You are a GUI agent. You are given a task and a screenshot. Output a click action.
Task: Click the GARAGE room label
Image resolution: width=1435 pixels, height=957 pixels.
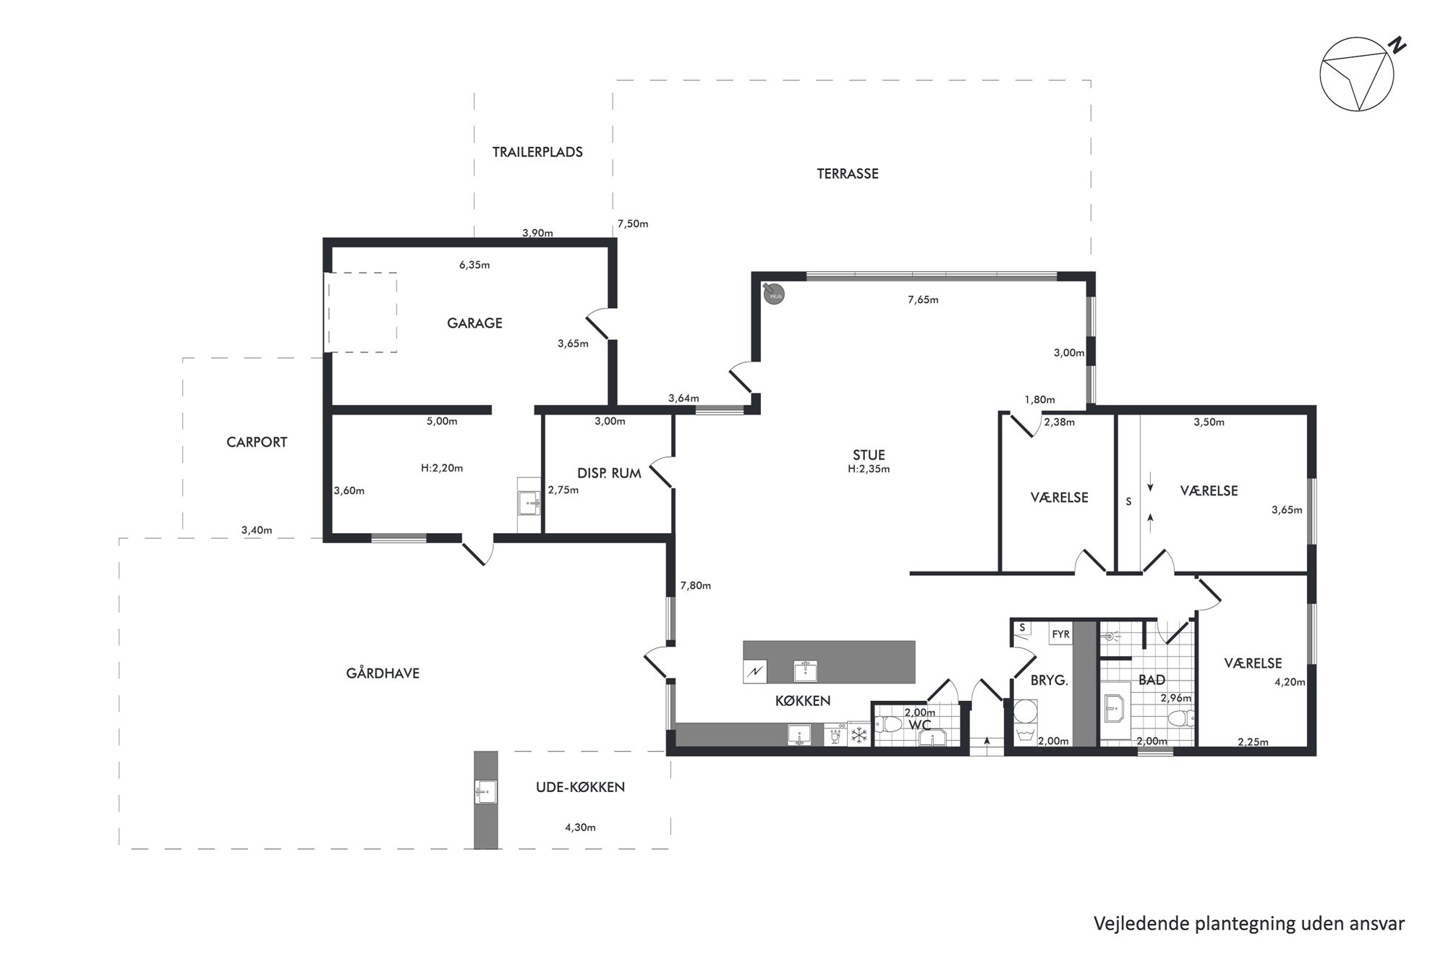[x=474, y=323]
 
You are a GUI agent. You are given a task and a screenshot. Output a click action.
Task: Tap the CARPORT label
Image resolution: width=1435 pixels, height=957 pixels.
[x=257, y=442]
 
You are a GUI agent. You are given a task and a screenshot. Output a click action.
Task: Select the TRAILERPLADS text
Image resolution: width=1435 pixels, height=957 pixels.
[x=537, y=152]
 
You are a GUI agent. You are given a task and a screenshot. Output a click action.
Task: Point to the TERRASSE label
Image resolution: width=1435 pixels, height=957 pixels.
[x=848, y=174]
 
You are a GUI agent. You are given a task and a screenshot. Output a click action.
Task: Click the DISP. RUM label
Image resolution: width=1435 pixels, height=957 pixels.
[x=609, y=474]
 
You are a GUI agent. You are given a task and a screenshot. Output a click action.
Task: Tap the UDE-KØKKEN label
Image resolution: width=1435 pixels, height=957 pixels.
[x=580, y=787]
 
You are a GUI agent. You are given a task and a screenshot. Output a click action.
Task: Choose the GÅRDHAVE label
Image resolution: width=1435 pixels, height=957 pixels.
[x=383, y=673]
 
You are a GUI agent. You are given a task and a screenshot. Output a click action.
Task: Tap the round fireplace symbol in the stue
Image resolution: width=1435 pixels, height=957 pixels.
[x=775, y=294]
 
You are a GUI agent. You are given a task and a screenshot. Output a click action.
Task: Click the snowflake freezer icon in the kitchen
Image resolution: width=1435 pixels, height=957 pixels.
[x=859, y=736]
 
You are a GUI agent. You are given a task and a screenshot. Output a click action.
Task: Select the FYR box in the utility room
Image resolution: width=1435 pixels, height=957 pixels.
[x=1060, y=634]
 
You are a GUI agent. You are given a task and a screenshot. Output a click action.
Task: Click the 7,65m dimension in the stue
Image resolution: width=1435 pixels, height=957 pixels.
[x=923, y=299]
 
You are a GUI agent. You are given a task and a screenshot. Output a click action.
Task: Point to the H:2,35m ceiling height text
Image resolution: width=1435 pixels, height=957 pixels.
[x=869, y=469]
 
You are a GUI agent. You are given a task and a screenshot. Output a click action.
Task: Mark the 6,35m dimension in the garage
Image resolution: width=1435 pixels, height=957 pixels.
[x=474, y=265]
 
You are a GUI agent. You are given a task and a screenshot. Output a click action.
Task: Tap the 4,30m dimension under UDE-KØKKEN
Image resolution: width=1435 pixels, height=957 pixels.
[x=580, y=828]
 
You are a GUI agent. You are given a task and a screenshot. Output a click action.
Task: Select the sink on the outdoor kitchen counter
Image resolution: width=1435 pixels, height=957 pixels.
[x=486, y=792]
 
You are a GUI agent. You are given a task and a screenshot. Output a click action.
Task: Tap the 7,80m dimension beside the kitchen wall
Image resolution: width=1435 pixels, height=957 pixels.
[x=696, y=586]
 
